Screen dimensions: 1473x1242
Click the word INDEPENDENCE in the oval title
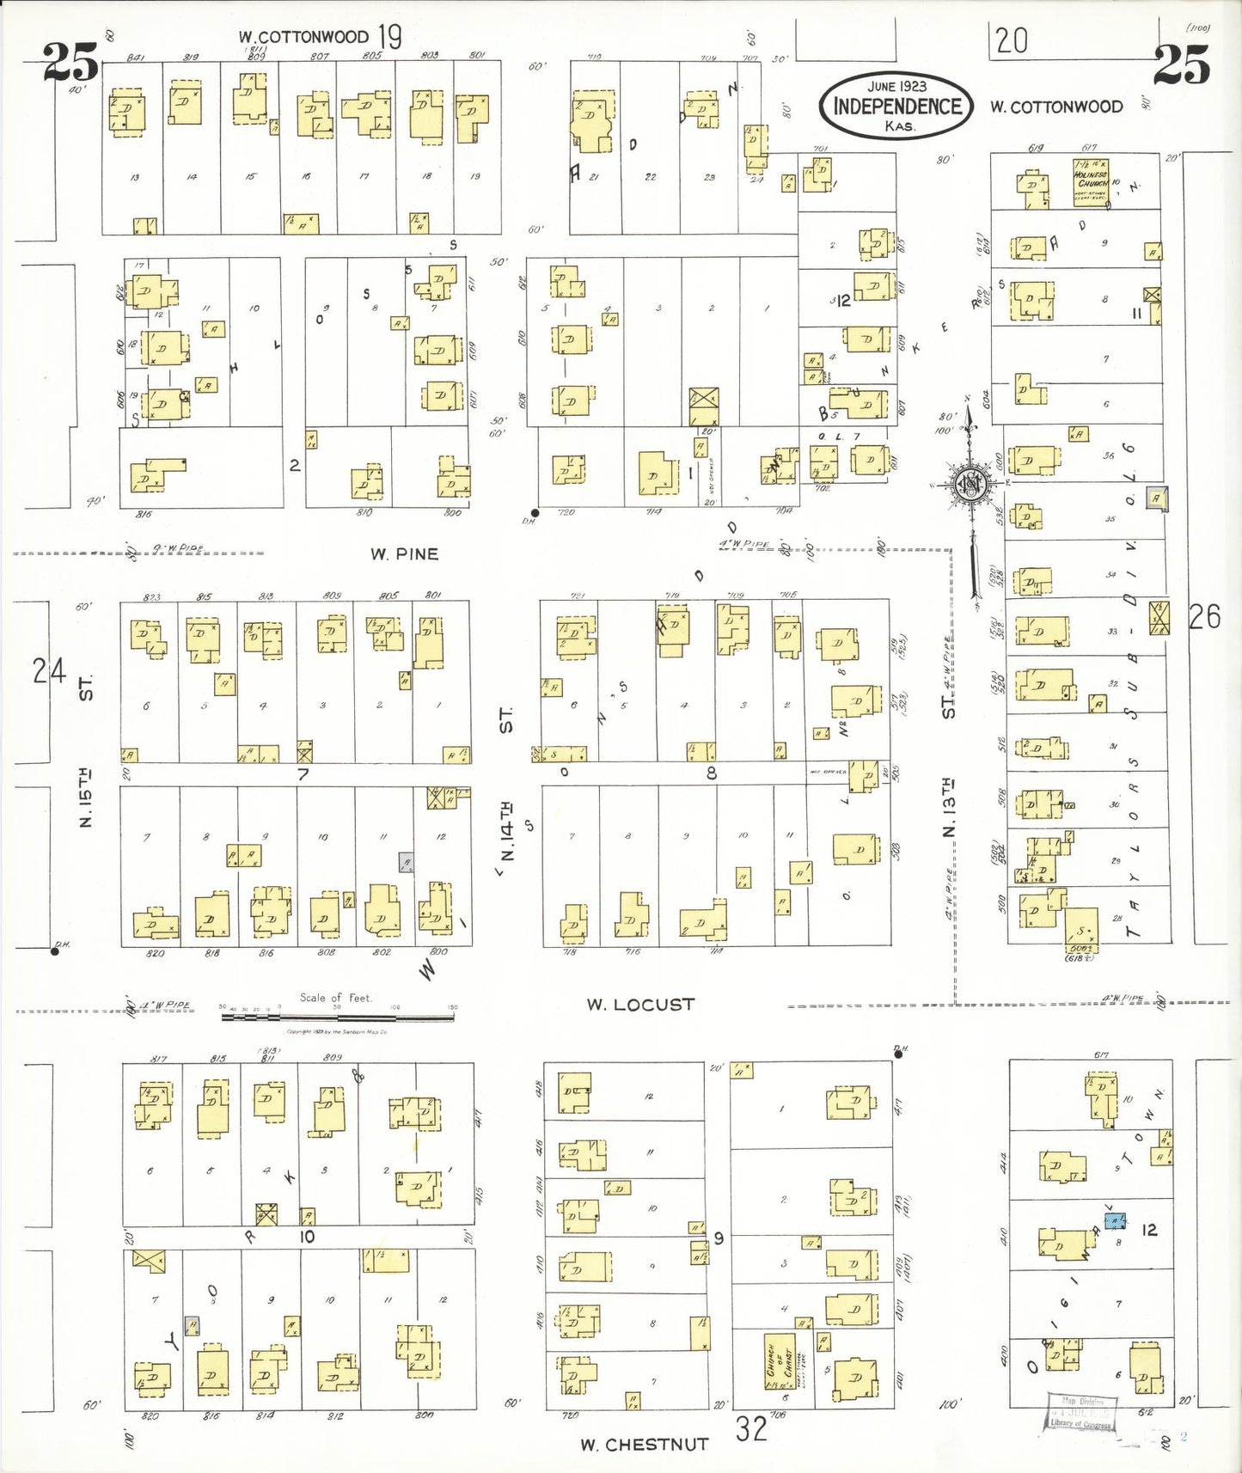pos(896,106)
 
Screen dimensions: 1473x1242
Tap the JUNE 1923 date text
pos(896,86)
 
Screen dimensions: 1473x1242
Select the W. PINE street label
pos(405,554)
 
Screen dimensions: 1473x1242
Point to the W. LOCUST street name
pos(640,1004)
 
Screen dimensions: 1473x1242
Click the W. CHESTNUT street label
pos(644,1444)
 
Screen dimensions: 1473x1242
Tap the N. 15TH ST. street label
pos(86,756)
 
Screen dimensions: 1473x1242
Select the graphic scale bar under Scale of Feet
pos(337,1018)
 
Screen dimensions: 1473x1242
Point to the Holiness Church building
pos(1091,182)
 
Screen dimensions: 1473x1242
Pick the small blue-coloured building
pos(1115,1220)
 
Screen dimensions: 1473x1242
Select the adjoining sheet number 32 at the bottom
pos(750,1428)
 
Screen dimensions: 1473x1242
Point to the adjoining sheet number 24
pos(49,670)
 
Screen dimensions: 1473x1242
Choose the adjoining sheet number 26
pos(1204,616)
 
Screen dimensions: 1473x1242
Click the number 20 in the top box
pos(1012,40)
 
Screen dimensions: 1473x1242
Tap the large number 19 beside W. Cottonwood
pos(389,37)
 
